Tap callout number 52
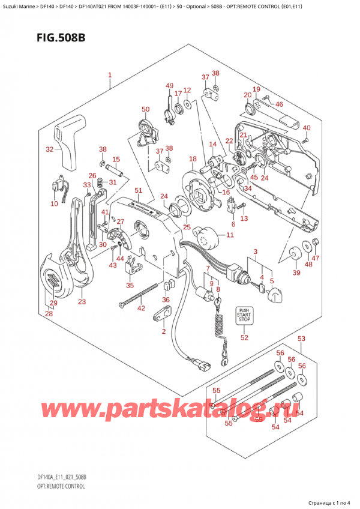click(x=244, y=337)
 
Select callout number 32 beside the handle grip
click(x=49, y=149)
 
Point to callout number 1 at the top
click(x=110, y=76)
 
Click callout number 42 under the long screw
click(x=142, y=309)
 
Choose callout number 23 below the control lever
click(x=82, y=301)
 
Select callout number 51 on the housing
click(x=139, y=191)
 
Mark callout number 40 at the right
click(x=307, y=128)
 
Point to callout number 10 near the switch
click(x=55, y=204)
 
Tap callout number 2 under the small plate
click(x=163, y=331)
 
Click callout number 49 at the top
click(x=170, y=85)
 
